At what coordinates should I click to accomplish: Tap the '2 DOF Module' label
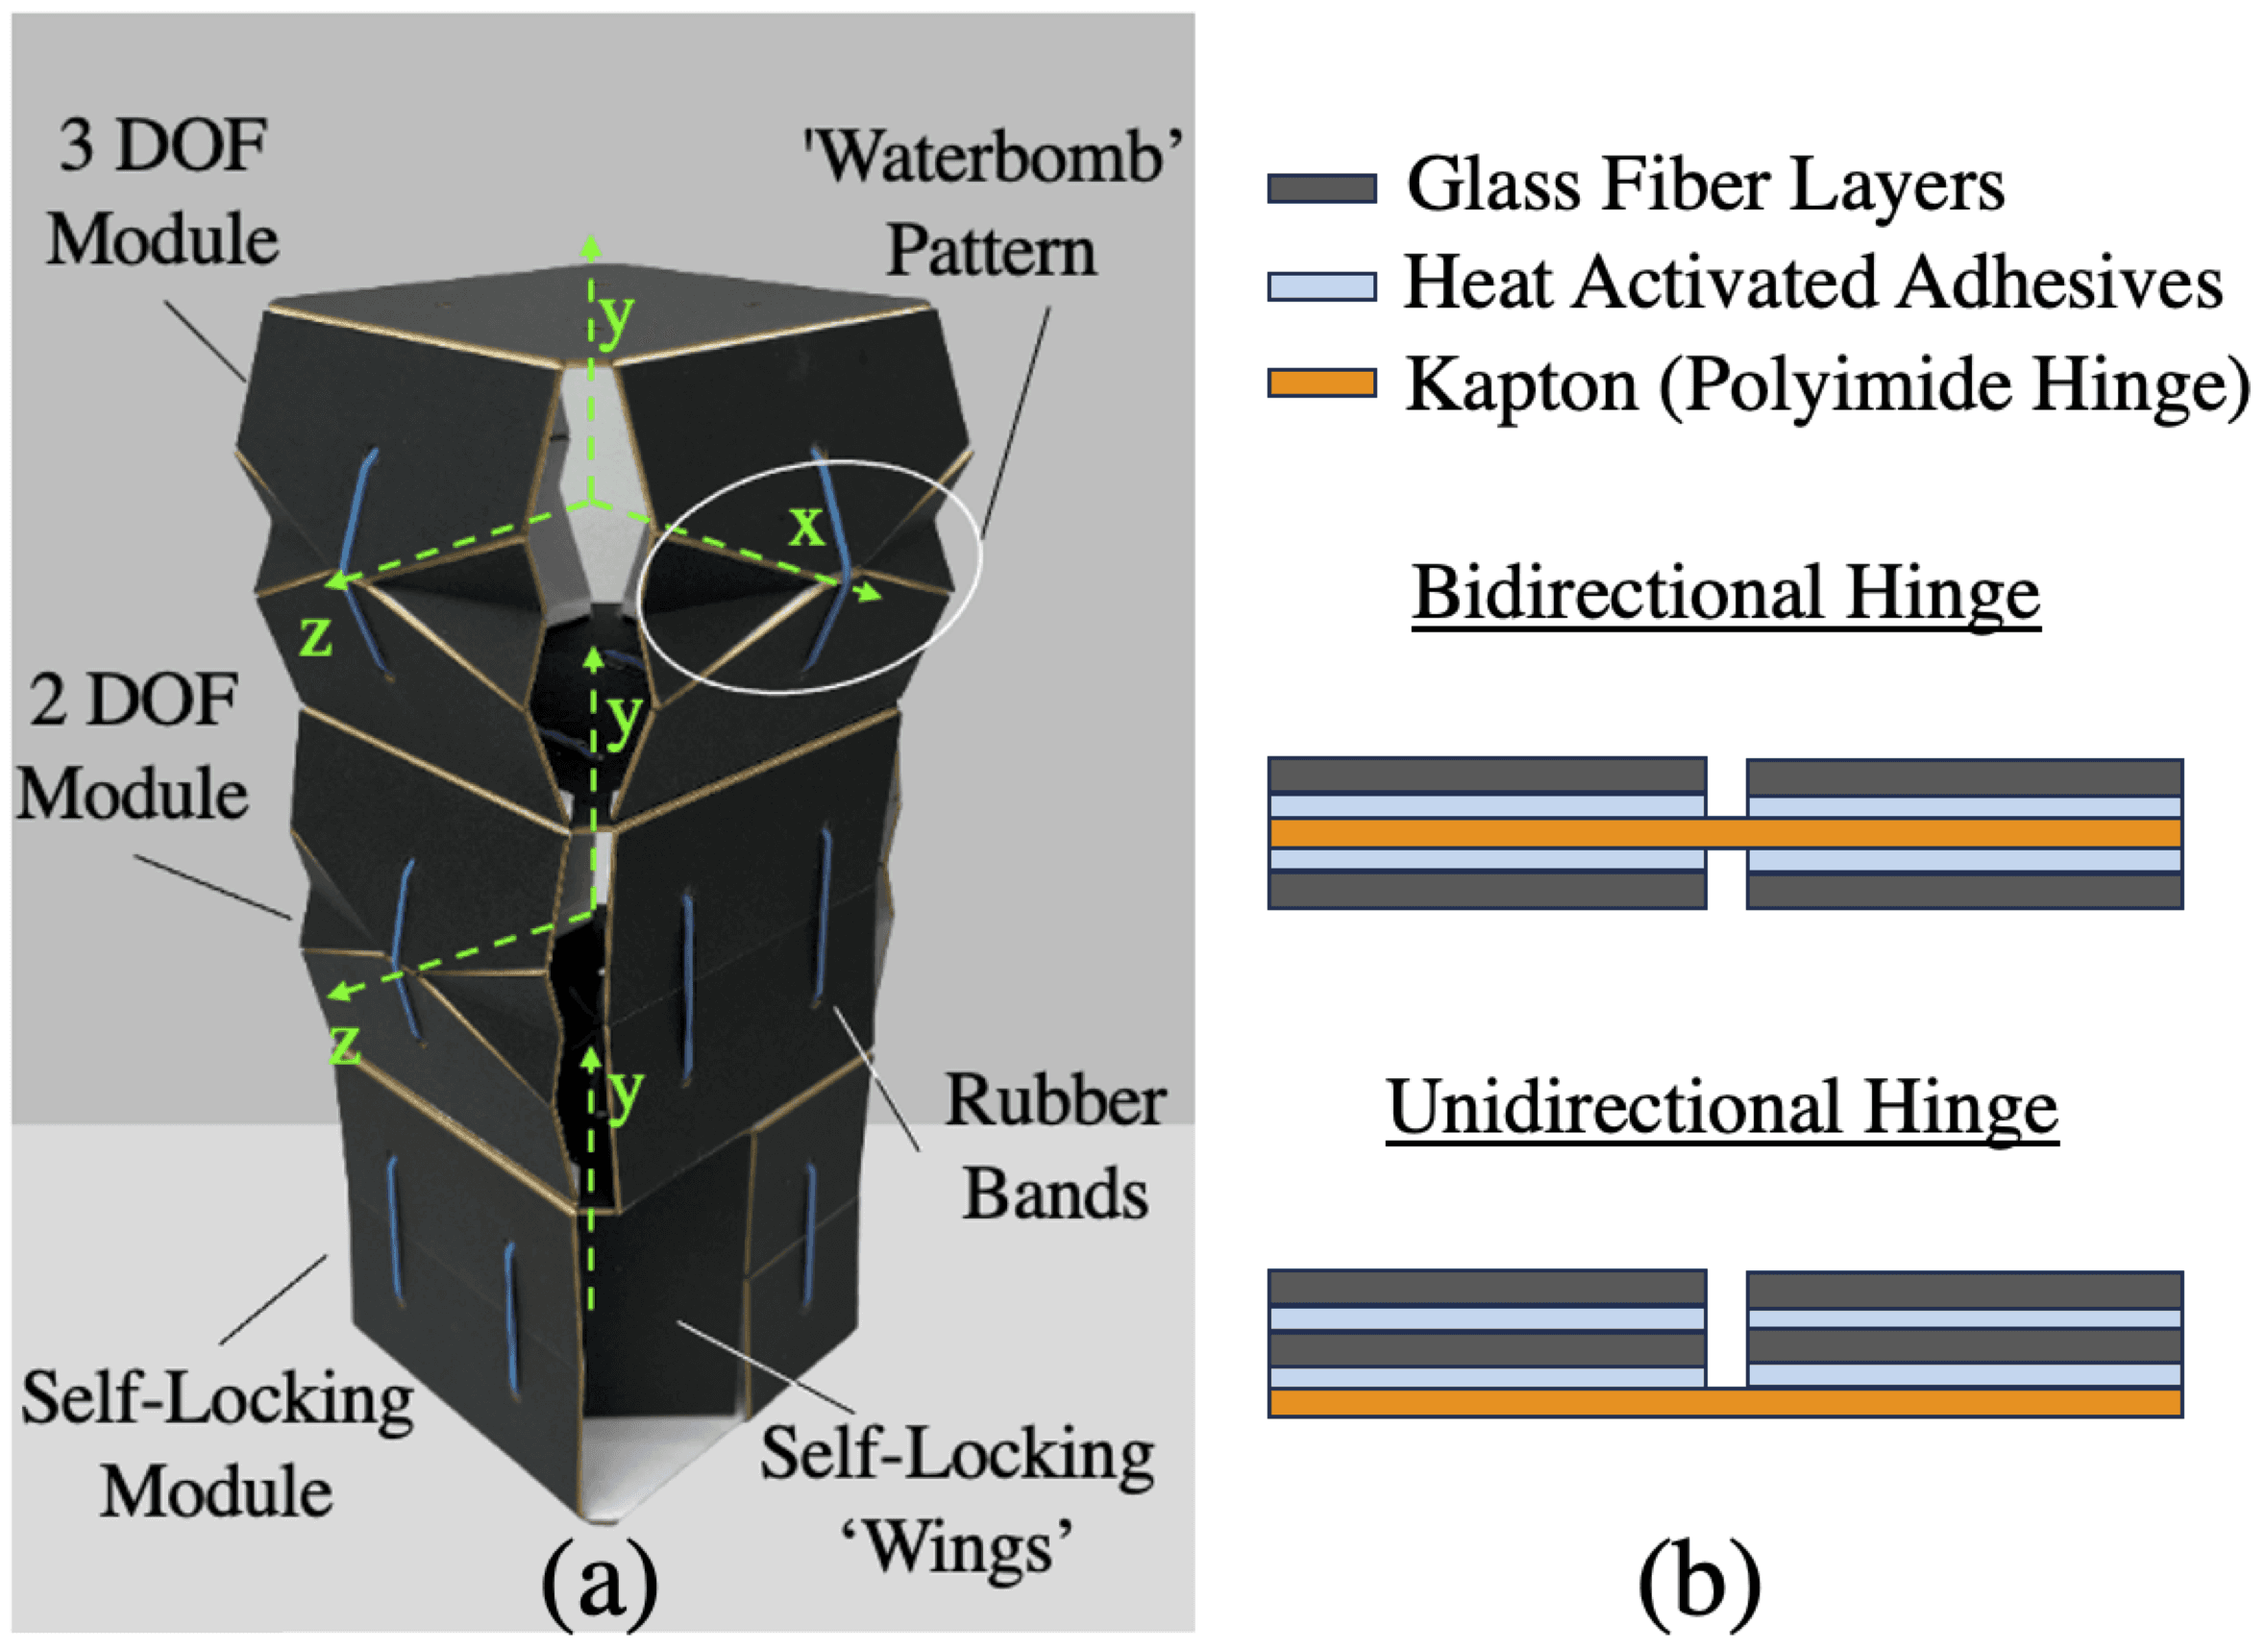pyautogui.click(x=132, y=747)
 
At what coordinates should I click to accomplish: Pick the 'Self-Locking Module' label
pyautogui.click(x=217, y=1444)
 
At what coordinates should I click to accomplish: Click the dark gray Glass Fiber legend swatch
pyautogui.click(x=1320, y=187)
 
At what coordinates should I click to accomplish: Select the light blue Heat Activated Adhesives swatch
pyautogui.click(x=1320, y=286)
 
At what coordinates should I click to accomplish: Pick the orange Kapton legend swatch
pyautogui.click(x=1320, y=383)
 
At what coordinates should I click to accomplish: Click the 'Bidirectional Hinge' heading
pyautogui.click(x=1726, y=593)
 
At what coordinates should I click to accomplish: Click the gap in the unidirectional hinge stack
pyautogui.click(x=1726, y=1328)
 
